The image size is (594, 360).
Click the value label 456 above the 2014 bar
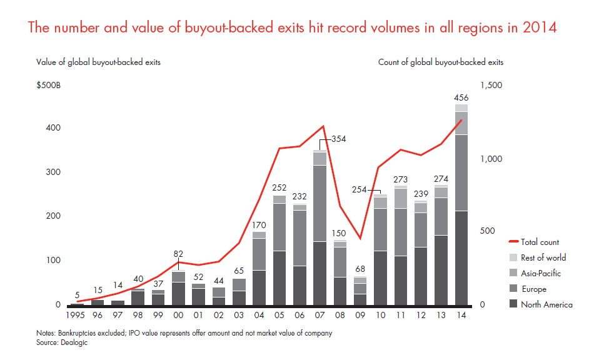461,98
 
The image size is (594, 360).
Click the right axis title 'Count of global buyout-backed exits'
441,62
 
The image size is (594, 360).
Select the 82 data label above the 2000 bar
179,254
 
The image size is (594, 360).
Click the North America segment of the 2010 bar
380,277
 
